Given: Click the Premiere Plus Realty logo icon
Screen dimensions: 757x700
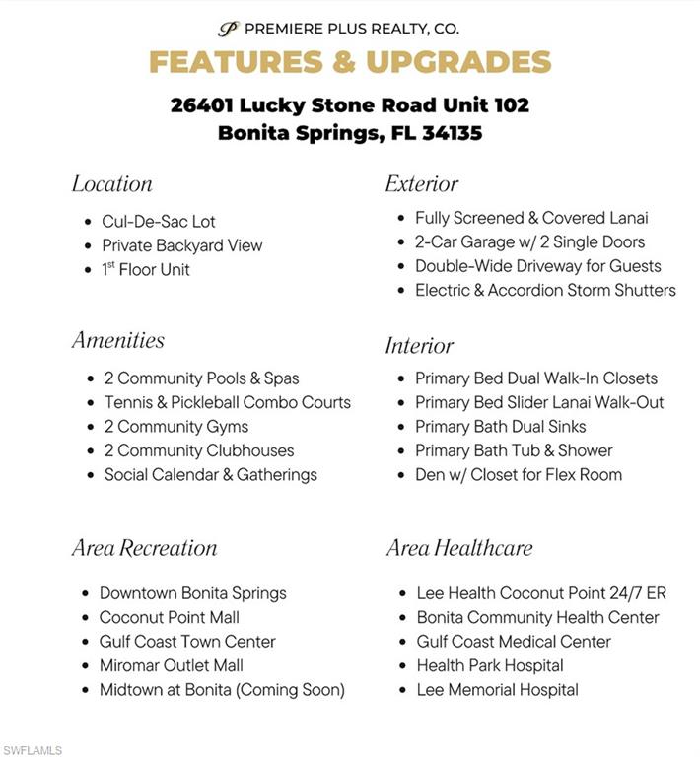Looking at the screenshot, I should (229, 29).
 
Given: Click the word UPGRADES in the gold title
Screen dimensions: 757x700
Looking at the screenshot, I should (458, 61).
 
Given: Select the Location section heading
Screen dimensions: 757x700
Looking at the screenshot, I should (111, 184).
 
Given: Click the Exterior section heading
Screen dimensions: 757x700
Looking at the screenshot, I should (421, 184).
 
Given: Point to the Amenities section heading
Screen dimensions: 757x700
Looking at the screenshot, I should (117, 341).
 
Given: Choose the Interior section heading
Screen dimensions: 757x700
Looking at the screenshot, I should (419, 346).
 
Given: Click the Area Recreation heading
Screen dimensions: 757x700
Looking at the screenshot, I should (144, 548).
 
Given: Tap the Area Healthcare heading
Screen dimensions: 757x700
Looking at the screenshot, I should (458, 548).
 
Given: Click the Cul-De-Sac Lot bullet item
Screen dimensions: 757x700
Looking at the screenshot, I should (158, 222).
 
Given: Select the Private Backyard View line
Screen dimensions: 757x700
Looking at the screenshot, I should (181, 245).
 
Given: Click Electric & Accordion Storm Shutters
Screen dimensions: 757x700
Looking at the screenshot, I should (544, 290).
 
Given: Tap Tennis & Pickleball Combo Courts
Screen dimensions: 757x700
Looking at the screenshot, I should (227, 402).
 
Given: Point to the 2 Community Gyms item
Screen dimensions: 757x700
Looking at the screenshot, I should (175, 427).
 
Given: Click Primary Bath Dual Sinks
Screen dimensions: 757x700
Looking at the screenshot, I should (500, 427).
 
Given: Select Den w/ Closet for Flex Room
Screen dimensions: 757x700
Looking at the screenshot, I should (518, 474).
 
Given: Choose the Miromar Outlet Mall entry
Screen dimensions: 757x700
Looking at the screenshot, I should (171, 665).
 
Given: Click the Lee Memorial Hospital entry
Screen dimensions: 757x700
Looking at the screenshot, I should (497, 690).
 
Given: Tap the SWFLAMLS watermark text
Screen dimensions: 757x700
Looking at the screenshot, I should (32, 750).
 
